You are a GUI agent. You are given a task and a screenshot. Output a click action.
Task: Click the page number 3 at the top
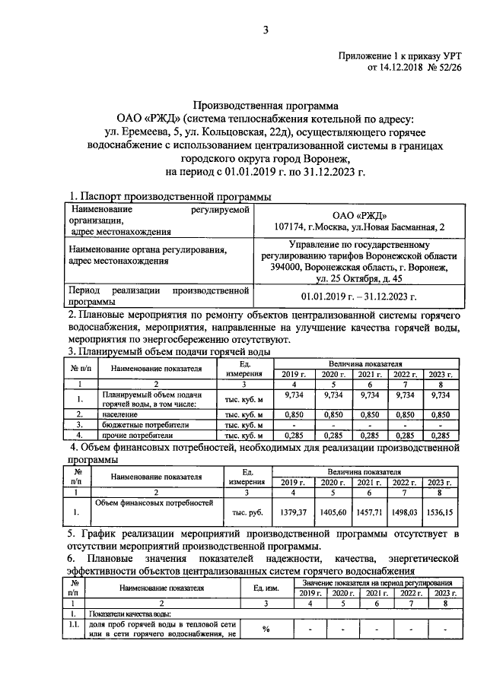(x=266, y=30)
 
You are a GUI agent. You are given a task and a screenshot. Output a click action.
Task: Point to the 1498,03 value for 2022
(x=405, y=512)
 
